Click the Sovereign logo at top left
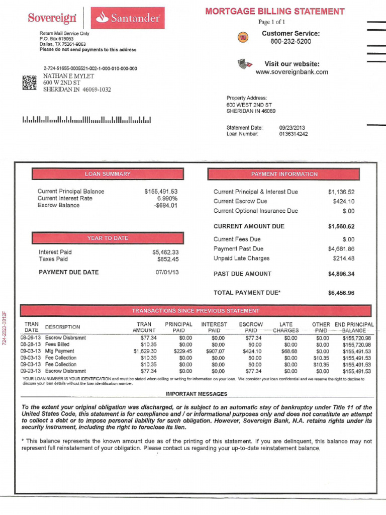coord(52,18)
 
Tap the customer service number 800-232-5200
coord(291,42)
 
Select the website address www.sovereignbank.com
coord(292,72)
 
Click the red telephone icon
coord(244,37)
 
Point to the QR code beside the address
coord(30,83)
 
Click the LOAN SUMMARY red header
coord(108,174)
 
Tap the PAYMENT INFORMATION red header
coord(284,174)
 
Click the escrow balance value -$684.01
coord(166,206)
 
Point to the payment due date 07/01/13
coord(167,273)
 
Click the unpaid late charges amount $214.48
coord(343,259)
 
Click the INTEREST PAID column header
coord(214,327)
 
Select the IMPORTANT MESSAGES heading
coord(197,394)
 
